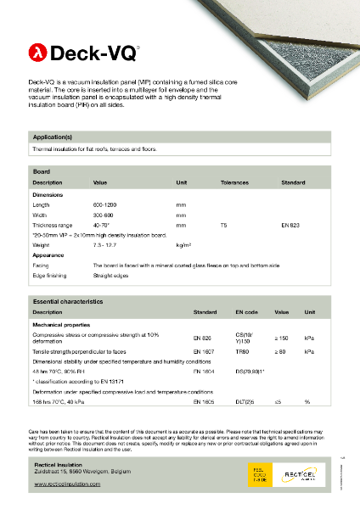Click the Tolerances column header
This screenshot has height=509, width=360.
click(234, 182)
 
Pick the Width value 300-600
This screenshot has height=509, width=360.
click(104, 215)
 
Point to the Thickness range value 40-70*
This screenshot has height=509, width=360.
click(103, 225)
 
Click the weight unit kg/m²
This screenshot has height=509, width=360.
click(183, 244)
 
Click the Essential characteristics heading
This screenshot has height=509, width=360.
click(67, 301)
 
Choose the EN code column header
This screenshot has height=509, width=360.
click(245, 312)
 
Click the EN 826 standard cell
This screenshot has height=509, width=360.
click(202, 338)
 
